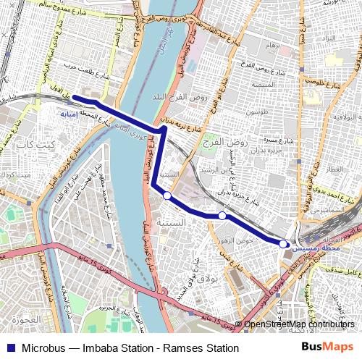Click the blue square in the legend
coord(9,348)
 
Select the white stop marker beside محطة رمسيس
coord(283,244)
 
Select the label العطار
coord(334,169)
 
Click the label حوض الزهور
coord(235,239)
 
